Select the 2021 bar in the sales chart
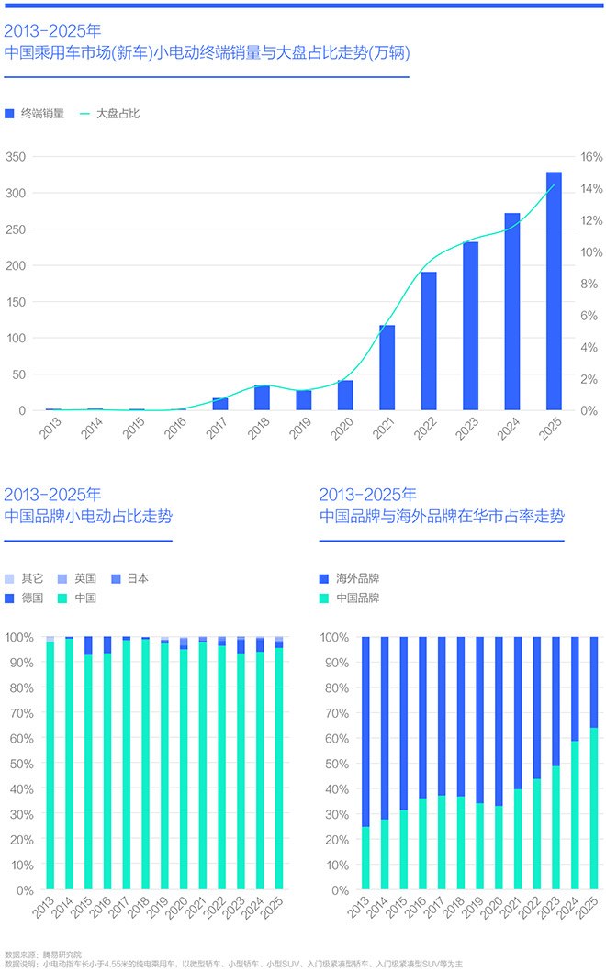pyautogui.click(x=387, y=367)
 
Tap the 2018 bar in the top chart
pyautogui.click(x=262, y=397)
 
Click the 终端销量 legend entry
pyautogui.click(x=35, y=114)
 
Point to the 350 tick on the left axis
pyautogui.click(x=16, y=157)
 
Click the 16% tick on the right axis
pyautogui.click(x=590, y=157)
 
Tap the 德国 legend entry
pyautogui.click(x=25, y=598)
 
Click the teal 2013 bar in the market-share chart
pyautogui.click(x=366, y=858)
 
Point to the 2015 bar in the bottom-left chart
pyautogui.click(x=88, y=771)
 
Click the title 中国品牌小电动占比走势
pyautogui.click(x=88, y=517)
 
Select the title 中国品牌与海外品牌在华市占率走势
pyautogui.click(x=442, y=517)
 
